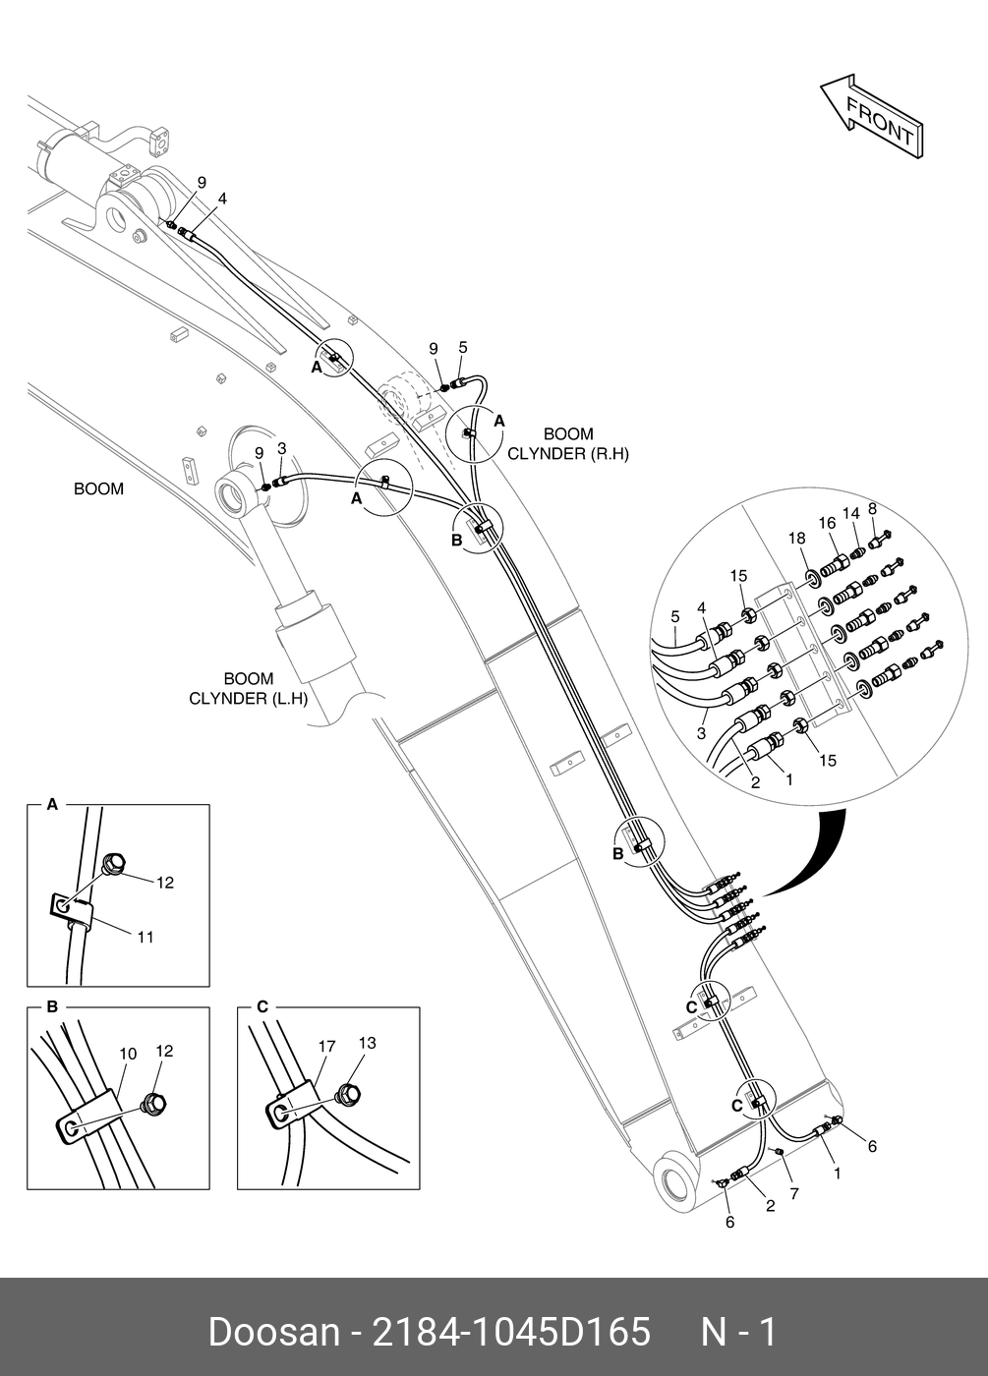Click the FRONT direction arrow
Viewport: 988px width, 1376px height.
pyautogui.click(x=873, y=116)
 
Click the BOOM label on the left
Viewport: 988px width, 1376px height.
pyautogui.click(x=98, y=488)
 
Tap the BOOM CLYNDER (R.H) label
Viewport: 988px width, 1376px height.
pyautogui.click(x=568, y=443)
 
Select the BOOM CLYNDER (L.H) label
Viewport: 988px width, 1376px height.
pyautogui.click(x=248, y=688)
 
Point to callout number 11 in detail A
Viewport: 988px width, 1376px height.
pyautogui.click(x=145, y=937)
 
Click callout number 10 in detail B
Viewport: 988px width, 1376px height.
pyautogui.click(x=128, y=1054)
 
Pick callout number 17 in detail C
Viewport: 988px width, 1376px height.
pyautogui.click(x=326, y=1047)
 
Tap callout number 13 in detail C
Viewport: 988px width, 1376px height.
pyautogui.click(x=367, y=1043)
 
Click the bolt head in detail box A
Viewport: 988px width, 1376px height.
pyautogui.click(x=113, y=865)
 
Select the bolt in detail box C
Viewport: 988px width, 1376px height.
pyautogui.click(x=346, y=1092)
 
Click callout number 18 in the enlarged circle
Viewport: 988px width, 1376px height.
pyautogui.click(x=796, y=538)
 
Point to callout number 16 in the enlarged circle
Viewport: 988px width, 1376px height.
pyautogui.click(x=827, y=523)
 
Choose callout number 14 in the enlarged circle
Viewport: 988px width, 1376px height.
pyautogui.click(x=850, y=513)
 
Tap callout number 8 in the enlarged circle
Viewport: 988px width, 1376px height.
pyautogui.click(x=872, y=508)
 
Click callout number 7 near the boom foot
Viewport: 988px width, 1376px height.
pyautogui.click(x=794, y=1193)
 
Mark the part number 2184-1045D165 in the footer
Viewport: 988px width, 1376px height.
pyautogui.click(x=508, y=1333)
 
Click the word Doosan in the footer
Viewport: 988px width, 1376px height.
pyautogui.click(x=273, y=1333)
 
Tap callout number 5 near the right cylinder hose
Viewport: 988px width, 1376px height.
pyautogui.click(x=463, y=347)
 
